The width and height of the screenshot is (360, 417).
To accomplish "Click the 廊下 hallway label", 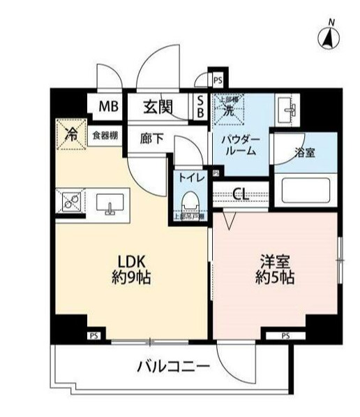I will point(151,138).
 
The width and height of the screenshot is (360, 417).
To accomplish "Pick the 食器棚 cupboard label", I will point(105,135).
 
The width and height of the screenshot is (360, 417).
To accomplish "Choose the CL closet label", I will point(241,193).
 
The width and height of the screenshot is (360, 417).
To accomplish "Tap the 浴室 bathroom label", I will point(304,153).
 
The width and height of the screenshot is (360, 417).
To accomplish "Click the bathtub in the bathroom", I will point(305,189).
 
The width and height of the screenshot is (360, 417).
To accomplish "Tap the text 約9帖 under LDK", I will point(130,277).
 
